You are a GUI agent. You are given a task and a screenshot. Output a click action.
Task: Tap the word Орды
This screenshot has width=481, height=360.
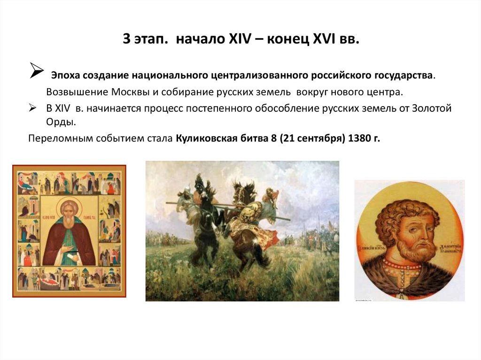click(59, 122)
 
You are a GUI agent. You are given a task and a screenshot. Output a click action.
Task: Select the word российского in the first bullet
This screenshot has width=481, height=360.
click(344, 75)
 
